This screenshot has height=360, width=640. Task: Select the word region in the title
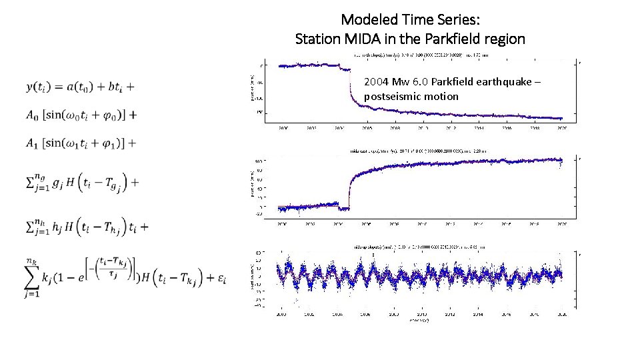point(505,39)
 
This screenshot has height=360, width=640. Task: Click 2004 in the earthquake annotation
point(376,82)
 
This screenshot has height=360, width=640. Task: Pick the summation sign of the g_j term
point(31,182)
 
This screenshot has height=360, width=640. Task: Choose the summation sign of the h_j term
point(31,227)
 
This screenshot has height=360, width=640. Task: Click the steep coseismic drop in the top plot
point(351,87)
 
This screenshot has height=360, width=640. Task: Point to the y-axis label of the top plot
point(253,91)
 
